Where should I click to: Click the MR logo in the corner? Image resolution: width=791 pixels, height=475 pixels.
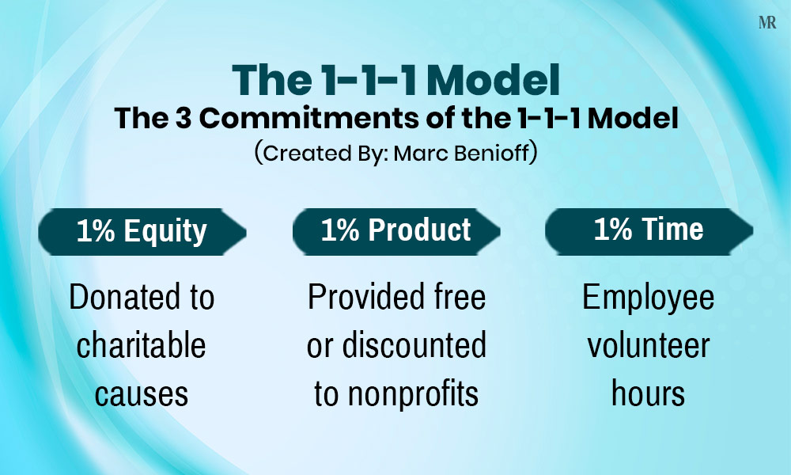point(767,23)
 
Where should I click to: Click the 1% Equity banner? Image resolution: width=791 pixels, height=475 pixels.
point(142,232)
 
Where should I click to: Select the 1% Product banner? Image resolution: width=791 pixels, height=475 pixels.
point(395,230)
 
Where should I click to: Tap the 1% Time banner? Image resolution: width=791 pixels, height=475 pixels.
point(649,230)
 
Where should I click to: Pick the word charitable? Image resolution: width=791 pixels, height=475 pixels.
point(142,346)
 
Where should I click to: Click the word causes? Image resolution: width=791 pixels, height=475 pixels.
point(142,393)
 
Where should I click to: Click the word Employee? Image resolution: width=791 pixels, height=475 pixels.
point(649,298)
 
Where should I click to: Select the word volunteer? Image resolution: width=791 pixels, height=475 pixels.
point(649,346)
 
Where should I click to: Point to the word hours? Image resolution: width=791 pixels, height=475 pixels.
point(649,393)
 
